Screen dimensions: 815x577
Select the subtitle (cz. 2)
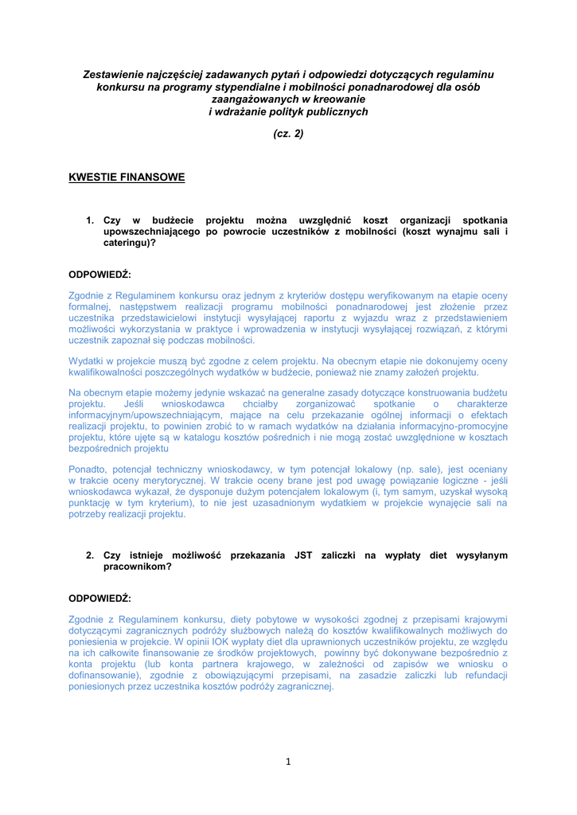coord(288,134)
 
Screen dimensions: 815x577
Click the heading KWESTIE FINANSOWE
coord(127,177)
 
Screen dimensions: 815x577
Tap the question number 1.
coord(90,220)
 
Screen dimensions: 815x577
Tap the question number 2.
coord(90,556)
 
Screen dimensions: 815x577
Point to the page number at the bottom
coord(288,762)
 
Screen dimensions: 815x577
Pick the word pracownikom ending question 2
coord(138,567)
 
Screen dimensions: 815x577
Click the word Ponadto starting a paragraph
coord(89,470)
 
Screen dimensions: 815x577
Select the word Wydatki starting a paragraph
coord(88,361)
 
